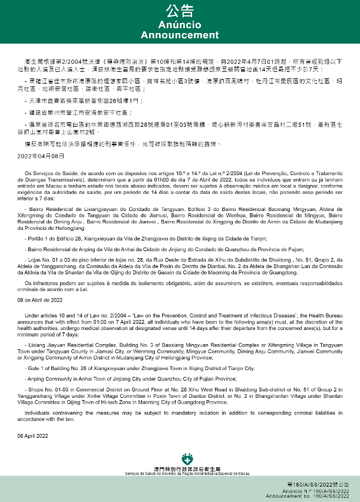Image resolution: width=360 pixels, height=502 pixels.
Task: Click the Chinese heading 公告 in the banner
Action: point(180,11)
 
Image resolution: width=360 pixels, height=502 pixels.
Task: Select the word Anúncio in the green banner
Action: point(180,25)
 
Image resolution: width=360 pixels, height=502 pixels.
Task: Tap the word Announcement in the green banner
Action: point(180,35)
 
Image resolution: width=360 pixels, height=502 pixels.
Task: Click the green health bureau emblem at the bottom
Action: point(180,458)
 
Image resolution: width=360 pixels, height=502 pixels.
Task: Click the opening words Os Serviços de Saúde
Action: point(49,173)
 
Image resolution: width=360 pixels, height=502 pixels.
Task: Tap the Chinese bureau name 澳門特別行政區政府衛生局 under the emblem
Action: point(180,468)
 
